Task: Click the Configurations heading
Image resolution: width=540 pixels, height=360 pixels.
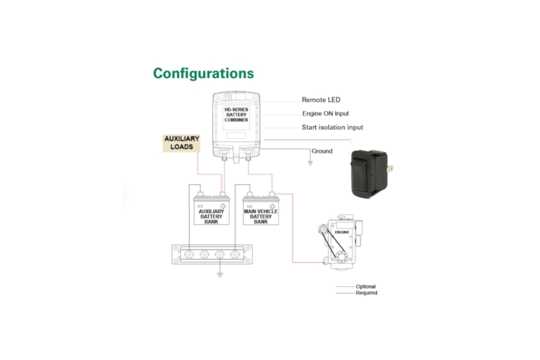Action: [204, 73]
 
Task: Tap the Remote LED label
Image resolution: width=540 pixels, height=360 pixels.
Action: [321, 100]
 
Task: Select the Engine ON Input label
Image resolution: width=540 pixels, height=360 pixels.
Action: [326, 114]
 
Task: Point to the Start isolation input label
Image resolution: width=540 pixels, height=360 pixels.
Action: [332, 128]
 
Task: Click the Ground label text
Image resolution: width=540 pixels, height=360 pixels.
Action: [322, 151]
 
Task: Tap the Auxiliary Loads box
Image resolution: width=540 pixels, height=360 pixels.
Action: [182, 143]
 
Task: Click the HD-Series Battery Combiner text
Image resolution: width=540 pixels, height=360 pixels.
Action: [236, 115]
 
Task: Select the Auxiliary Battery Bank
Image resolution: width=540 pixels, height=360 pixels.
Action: [211, 210]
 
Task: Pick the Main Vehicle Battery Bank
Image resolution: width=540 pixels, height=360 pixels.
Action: [260, 210]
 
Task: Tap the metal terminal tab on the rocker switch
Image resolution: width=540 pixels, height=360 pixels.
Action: [390, 169]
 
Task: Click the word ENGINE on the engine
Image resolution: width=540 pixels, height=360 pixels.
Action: [342, 232]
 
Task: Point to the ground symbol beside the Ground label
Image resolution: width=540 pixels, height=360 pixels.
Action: [310, 163]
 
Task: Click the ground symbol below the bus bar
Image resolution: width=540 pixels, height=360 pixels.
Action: [220, 274]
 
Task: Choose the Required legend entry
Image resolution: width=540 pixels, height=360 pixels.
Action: [357, 293]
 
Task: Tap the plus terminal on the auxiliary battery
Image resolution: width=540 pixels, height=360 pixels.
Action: [223, 206]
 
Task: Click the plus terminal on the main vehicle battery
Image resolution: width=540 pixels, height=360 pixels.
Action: [272, 206]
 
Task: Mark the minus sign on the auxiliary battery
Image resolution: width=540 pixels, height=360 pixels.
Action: [200, 206]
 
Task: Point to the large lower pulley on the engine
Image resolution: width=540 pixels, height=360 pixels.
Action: [341, 256]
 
